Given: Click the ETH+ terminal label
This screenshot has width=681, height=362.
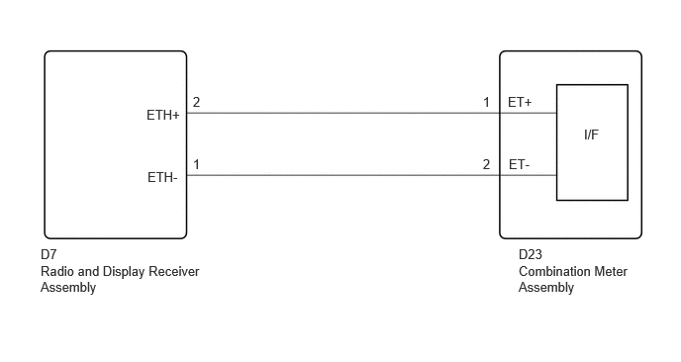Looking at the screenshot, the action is [x=163, y=115].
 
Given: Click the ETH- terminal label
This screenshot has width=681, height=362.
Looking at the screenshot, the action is [x=162, y=177].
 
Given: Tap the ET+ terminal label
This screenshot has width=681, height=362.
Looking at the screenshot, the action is [x=520, y=103].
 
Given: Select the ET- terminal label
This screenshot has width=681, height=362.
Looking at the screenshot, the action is [x=519, y=165].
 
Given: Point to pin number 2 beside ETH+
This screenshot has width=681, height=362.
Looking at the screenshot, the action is [x=196, y=103].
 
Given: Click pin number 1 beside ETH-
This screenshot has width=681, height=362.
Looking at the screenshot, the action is [x=196, y=165].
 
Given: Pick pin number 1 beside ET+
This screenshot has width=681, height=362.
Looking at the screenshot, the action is [x=486, y=103].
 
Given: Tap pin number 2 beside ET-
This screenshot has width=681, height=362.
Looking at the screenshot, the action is [x=486, y=165].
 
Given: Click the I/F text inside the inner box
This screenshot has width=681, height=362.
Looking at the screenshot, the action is [x=591, y=135].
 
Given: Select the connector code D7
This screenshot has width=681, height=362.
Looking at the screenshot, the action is [x=49, y=254].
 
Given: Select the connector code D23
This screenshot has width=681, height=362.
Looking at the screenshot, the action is [x=531, y=254].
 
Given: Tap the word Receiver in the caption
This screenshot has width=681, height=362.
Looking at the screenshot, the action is [x=174, y=272].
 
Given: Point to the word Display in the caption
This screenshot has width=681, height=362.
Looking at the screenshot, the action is [x=124, y=272].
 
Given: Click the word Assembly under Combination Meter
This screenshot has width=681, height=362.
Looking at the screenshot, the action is [x=546, y=288].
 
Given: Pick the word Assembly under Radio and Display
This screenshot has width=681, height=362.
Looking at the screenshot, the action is [x=68, y=288].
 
